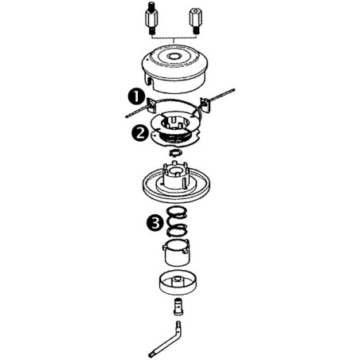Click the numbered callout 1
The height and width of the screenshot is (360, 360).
click(x=135, y=96)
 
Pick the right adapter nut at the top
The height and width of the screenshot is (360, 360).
click(x=194, y=20)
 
